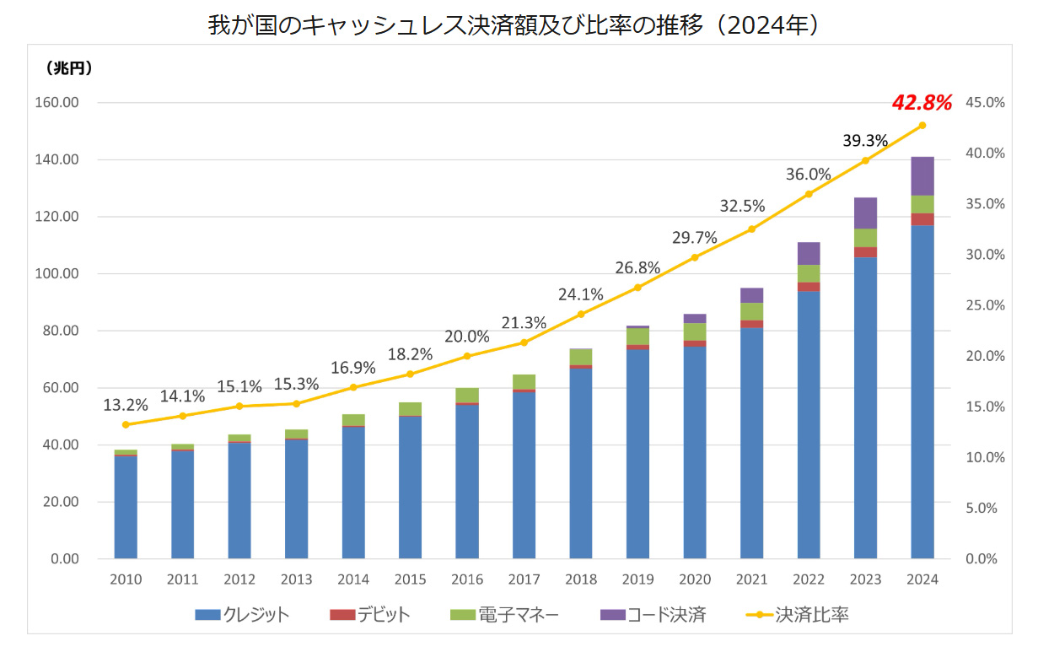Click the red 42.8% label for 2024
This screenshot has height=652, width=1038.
point(922,104)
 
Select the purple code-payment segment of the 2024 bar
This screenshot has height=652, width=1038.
point(922,175)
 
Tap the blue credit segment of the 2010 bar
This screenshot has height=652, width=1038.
point(126,506)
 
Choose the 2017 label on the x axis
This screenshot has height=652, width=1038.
point(524,580)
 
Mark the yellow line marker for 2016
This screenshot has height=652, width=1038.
point(467,356)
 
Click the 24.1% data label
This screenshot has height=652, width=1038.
point(580,295)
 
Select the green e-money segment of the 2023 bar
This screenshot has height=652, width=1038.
point(865,238)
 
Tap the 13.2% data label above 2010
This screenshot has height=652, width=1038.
point(125,406)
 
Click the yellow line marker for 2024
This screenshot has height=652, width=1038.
point(922,125)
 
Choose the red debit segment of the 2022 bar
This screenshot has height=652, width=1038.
point(809,287)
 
